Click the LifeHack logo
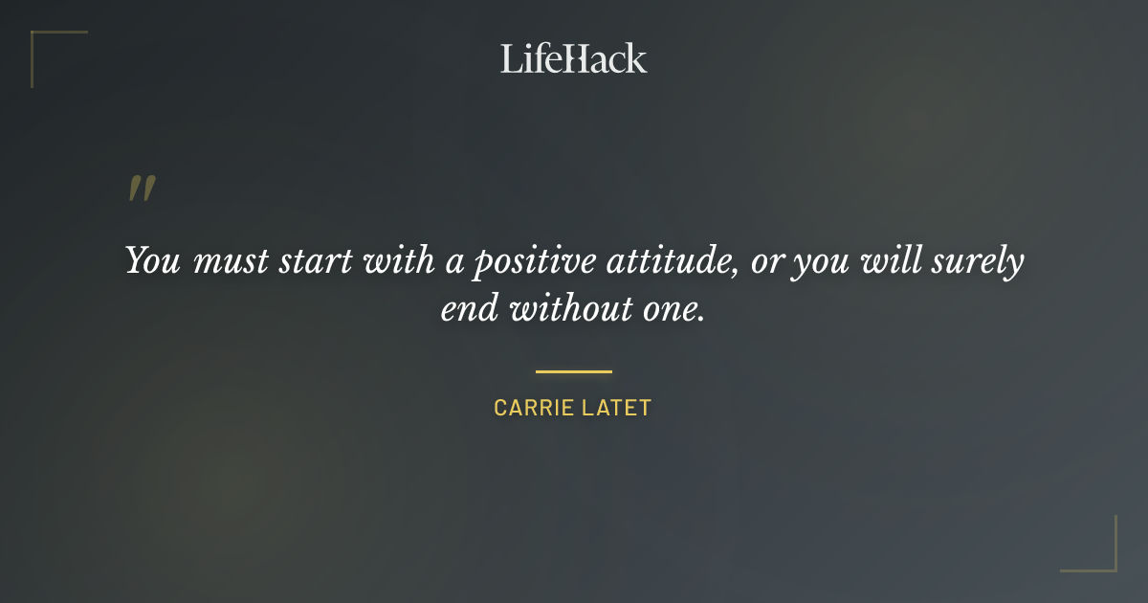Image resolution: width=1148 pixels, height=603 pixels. coord(574,58)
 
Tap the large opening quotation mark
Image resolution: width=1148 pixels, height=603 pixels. coord(141,189)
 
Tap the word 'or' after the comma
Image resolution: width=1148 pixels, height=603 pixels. coord(767,262)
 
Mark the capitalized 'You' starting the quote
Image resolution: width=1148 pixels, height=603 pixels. coord(154,261)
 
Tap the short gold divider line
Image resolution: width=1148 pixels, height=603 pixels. coord(574,371)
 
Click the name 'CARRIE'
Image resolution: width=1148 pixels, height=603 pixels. coord(531,408)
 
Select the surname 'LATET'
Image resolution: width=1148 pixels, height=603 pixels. coord(615,408)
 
